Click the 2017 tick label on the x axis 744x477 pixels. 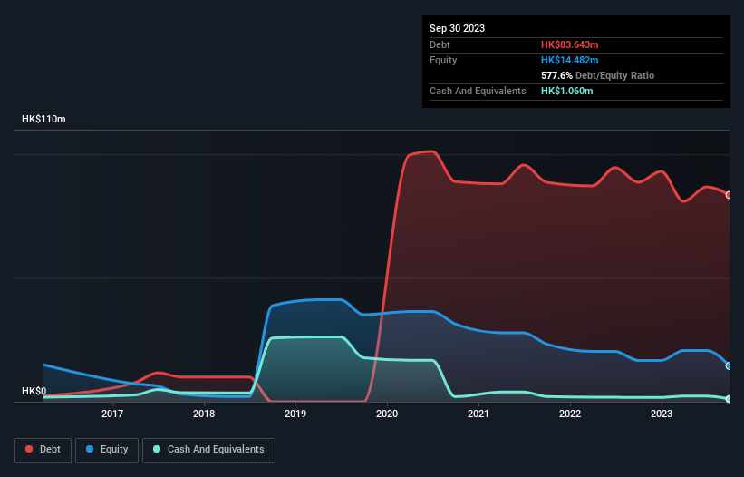pyautogui.click(x=112, y=414)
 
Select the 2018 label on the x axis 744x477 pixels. pyautogui.click(x=204, y=414)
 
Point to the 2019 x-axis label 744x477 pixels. pyautogui.click(x=295, y=414)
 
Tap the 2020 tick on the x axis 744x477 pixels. pyautogui.click(x=387, y=414)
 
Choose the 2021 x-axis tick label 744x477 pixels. pyautogui.click(x=478, y=414)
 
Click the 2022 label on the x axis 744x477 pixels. pyautogui.click(x=570, y=414)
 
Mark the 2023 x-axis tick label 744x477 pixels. pyautogui.click(x=662, y=414)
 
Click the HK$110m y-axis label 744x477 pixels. pyautogui.click(x=43, y=120)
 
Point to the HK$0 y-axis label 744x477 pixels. pyautogui.click(x=34, y=391)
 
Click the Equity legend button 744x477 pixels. pyautogui.click(x=108, y=450)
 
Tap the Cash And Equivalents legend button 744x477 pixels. pyautogui.click(x=208, y=450)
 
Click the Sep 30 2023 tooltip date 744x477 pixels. pyautogui.click(x=457, y=28)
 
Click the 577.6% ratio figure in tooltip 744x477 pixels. pyautogui.click(x=556, y=75)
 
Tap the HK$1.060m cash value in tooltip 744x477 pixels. pyautogui.click(x=567, y=91)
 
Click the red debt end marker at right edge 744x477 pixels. pyautogui.click(x=729, y=195)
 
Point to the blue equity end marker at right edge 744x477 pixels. pyautogui.click(x=729, y=365)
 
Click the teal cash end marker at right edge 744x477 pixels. pyautogui.click(x=729, y=399)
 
